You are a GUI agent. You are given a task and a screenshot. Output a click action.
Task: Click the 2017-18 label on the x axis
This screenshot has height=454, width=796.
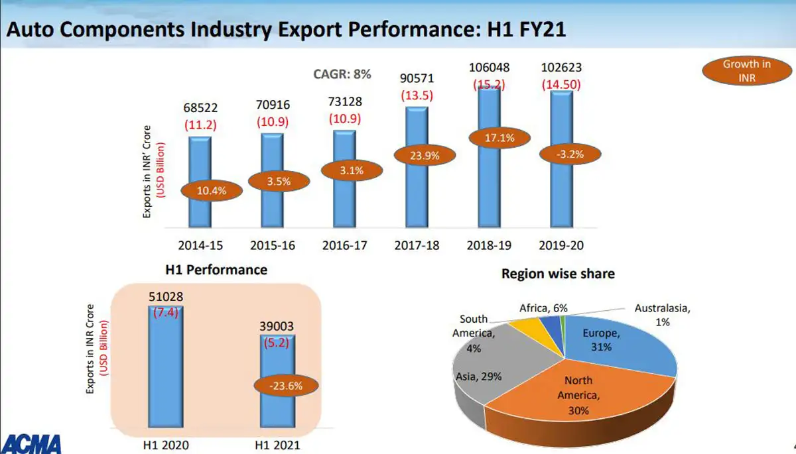(417, 245)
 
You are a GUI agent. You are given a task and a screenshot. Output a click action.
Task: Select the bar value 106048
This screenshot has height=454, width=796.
(490, 68)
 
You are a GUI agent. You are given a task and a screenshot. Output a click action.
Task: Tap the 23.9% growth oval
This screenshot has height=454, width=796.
(417, 155)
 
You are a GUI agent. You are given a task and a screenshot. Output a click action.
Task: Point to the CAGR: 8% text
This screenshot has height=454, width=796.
(342, 74)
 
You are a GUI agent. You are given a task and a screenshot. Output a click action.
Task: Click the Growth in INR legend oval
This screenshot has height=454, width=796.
(746, 71)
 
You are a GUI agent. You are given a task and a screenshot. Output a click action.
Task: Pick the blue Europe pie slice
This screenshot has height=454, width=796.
(617, 345)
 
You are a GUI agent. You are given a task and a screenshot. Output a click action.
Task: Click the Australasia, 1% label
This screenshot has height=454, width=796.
(664, 315)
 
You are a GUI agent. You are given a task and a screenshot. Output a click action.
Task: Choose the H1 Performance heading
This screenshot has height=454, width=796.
(216, 270)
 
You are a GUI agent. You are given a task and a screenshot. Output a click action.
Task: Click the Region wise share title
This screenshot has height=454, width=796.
(557, 273)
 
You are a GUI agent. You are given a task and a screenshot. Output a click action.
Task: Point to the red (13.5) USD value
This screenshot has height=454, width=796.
(417, 95)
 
